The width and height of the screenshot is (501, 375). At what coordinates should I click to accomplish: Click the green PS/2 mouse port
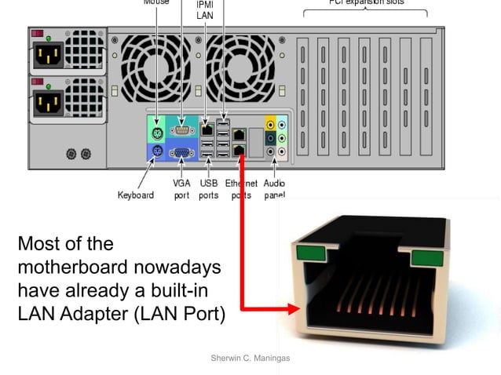click(157, 129)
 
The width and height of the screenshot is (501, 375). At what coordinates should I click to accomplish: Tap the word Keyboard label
click(135, 195)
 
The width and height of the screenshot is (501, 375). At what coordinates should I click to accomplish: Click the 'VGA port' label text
click(181, 189)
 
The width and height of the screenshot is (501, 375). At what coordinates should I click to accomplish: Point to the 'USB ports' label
click(208, 189)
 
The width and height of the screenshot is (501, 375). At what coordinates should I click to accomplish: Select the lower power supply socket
click(47, 102)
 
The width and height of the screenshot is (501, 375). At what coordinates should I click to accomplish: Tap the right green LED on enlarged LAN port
click(426, 258)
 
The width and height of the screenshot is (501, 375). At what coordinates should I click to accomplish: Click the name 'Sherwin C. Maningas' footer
click(250, 358)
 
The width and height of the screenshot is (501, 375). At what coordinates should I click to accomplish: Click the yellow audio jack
click(270, 124)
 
